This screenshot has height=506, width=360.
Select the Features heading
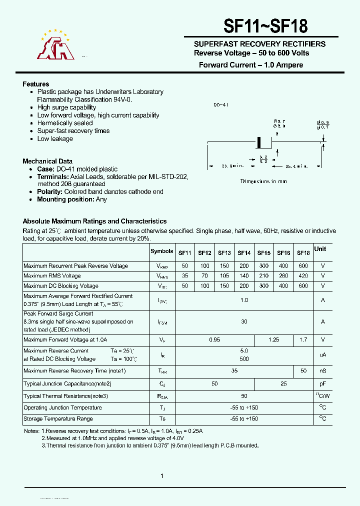(x=36, y=84)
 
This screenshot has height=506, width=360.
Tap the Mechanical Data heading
(x=47, y=161)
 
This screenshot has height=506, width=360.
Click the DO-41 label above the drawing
(x=220, y=105)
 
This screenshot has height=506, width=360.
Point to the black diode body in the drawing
(x=259, y=142)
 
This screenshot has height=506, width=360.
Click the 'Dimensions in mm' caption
(x=263, y=181)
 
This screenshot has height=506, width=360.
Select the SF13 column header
(x=224, y=253)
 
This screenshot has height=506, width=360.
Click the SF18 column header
(x=303, y=253)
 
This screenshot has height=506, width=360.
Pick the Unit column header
(x=320, y=249)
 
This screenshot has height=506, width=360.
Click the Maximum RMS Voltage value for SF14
(x=244, y=276)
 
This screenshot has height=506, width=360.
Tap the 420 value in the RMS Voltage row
(x=303, y=276)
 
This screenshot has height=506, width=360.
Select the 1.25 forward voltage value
(x=274, y=340)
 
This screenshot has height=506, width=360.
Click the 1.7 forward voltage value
(x=303, y=340)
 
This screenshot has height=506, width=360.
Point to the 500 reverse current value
(x=244, y=359)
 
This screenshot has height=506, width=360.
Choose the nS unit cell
(x=323, y=371)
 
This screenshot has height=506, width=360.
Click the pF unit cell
(x=323, y=384)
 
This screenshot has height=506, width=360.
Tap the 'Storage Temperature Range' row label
(x=58, y=419)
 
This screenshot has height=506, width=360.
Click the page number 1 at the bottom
(x=162, y=476)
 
